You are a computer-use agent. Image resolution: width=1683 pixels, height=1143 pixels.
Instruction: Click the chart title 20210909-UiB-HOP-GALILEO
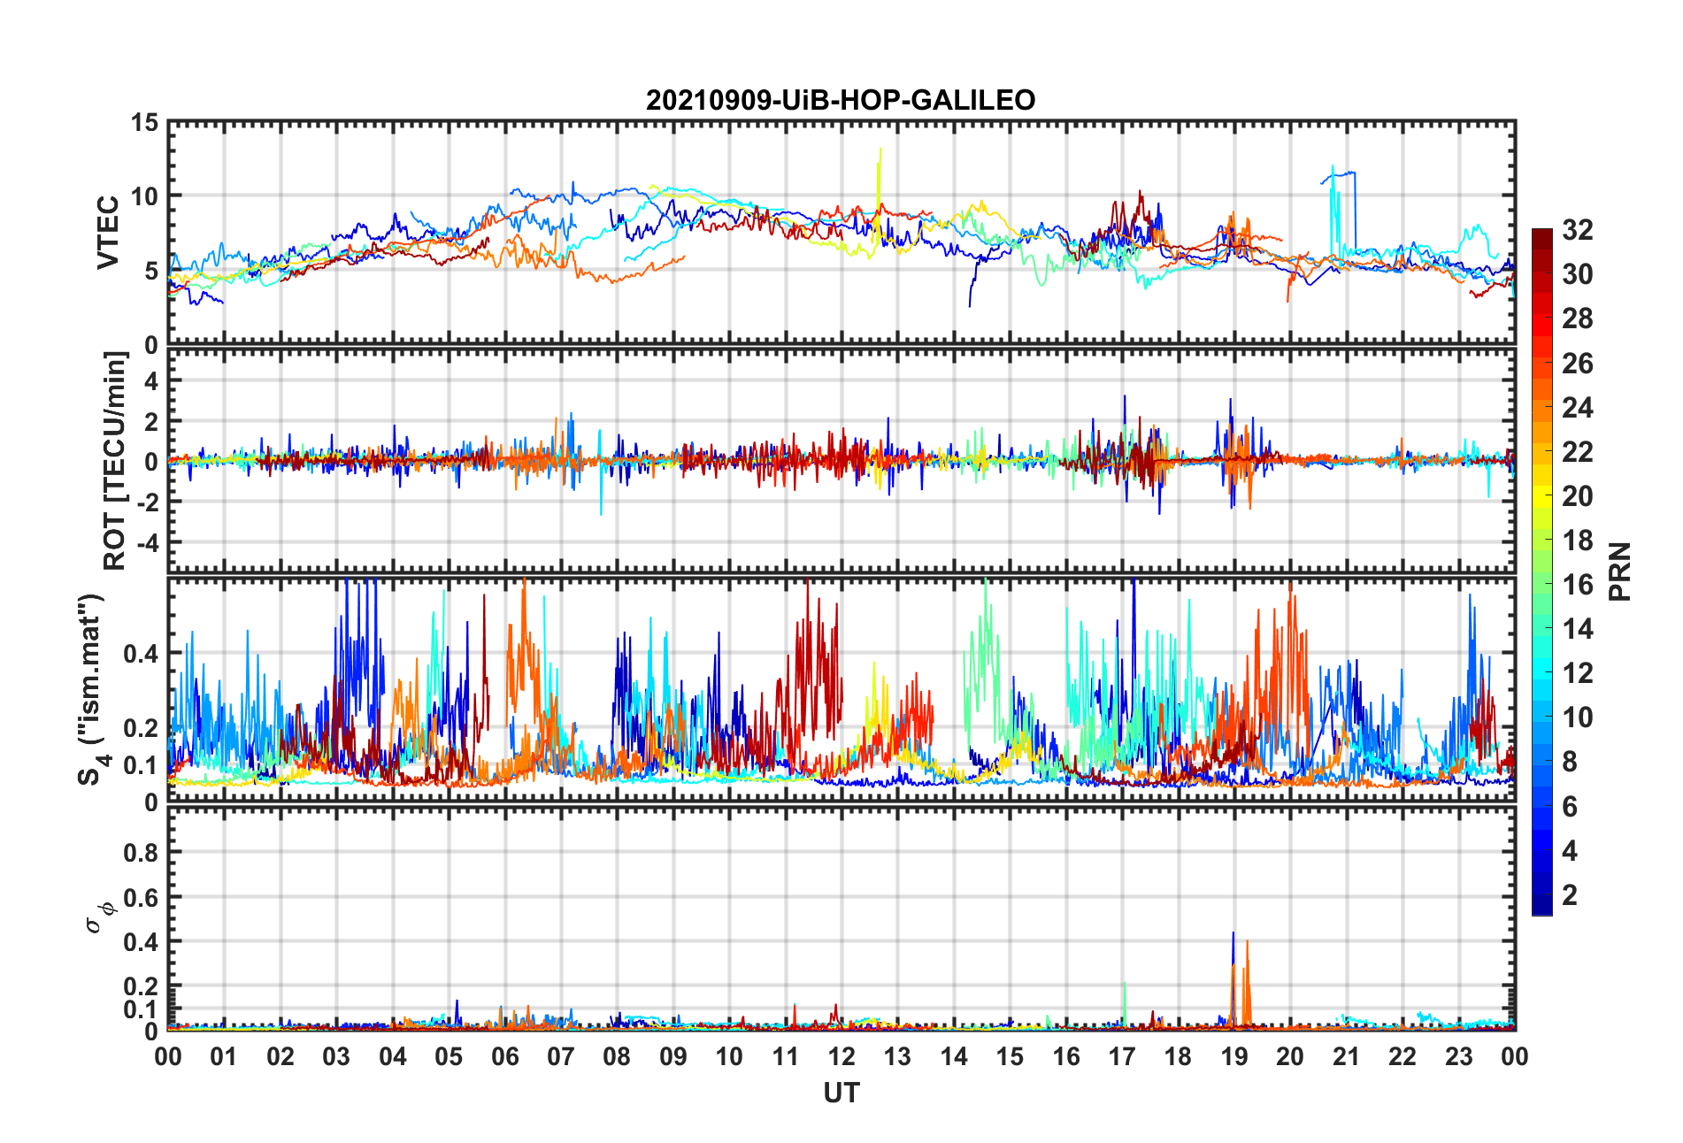pos(840,100)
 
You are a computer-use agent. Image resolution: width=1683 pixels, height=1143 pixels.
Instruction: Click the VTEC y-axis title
pos(108,233)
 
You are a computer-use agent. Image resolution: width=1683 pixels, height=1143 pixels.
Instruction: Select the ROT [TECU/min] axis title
pos(115,460)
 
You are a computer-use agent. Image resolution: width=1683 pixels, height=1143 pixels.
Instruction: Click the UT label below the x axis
pos(841,1093)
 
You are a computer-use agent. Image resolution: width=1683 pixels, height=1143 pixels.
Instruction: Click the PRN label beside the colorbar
pos(1619,571)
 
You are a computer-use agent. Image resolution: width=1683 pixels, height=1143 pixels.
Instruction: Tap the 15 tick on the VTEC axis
pos(144,123)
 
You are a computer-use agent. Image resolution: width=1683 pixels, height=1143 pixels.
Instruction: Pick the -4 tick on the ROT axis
pos(148,541)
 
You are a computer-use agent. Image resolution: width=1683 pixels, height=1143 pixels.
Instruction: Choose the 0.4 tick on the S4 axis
pos(141,654)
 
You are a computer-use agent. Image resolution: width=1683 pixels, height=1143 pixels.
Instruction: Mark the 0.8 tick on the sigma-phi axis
pos(141,853)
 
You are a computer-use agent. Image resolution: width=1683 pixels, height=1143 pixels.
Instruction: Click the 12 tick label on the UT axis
pos(841,1056)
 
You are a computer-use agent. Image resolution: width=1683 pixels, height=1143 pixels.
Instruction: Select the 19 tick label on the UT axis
pos(1233,1056)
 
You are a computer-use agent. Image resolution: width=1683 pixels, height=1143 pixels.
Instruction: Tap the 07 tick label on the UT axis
pos(560,1056)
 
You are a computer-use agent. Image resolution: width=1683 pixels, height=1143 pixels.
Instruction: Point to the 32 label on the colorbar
pos(1577,230)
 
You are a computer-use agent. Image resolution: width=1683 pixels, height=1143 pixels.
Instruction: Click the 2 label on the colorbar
pos(1570,895)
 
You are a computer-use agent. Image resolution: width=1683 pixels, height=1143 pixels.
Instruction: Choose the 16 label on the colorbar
pos(1577,585)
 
